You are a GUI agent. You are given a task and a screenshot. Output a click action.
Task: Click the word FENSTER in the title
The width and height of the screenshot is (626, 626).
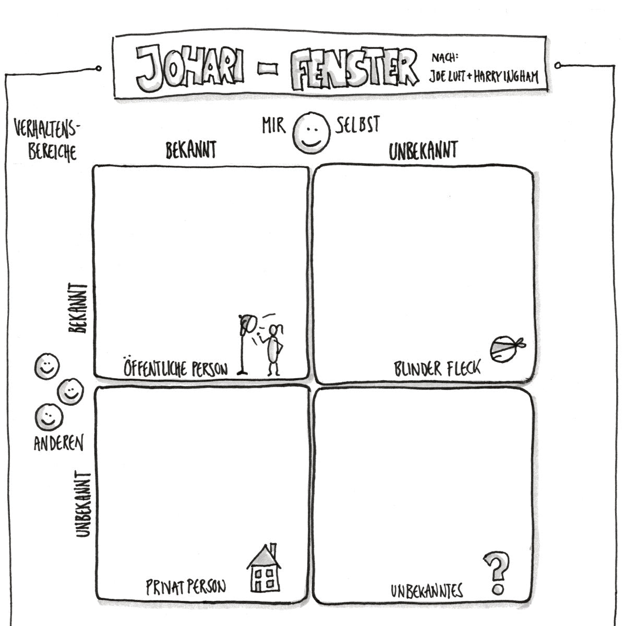pyautogui.click(x=355, y=68)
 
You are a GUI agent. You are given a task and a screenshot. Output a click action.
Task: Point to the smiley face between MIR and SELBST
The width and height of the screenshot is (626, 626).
pyautogui.click(x=312, y=133)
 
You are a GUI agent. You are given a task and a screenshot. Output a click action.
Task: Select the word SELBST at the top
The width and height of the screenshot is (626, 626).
pyautogui.click(x=358, y=126)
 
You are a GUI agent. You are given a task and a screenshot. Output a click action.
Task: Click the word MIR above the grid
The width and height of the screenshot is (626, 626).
pyautogui.click(x=274, y=127)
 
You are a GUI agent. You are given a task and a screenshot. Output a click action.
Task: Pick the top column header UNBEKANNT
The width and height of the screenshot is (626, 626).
pyautogui.click(x=423, y=151)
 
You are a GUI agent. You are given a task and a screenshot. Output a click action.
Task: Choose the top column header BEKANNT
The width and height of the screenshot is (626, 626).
pyautogui.click(x=190, y=151)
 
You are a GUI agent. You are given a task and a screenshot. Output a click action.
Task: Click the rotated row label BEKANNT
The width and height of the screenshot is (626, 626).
pyautogui.click(x=78, y=308)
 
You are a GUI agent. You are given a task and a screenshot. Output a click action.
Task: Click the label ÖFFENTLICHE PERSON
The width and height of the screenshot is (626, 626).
pyautogui.click(x=175, y=368)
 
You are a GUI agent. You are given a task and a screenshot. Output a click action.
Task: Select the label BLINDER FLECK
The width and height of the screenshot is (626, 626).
pyautogui.click(x=437, y=369)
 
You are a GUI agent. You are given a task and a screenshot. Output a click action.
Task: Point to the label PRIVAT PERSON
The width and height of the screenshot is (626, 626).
pyautogui.click(x=186, y=586)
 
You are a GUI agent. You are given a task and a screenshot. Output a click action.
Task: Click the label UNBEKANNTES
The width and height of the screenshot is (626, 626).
pyautogui.click(x=427, y=591)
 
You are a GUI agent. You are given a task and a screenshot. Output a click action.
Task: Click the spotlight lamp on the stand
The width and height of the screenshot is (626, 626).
pyautogui.click(x=245, y=324)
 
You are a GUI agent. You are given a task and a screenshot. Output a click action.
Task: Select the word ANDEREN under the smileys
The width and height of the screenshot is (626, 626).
pyautogui.click(x=58, y=443)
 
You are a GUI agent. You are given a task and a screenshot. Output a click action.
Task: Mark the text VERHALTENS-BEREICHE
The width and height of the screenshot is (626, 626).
pyautogui.click(x=50, y=140)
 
